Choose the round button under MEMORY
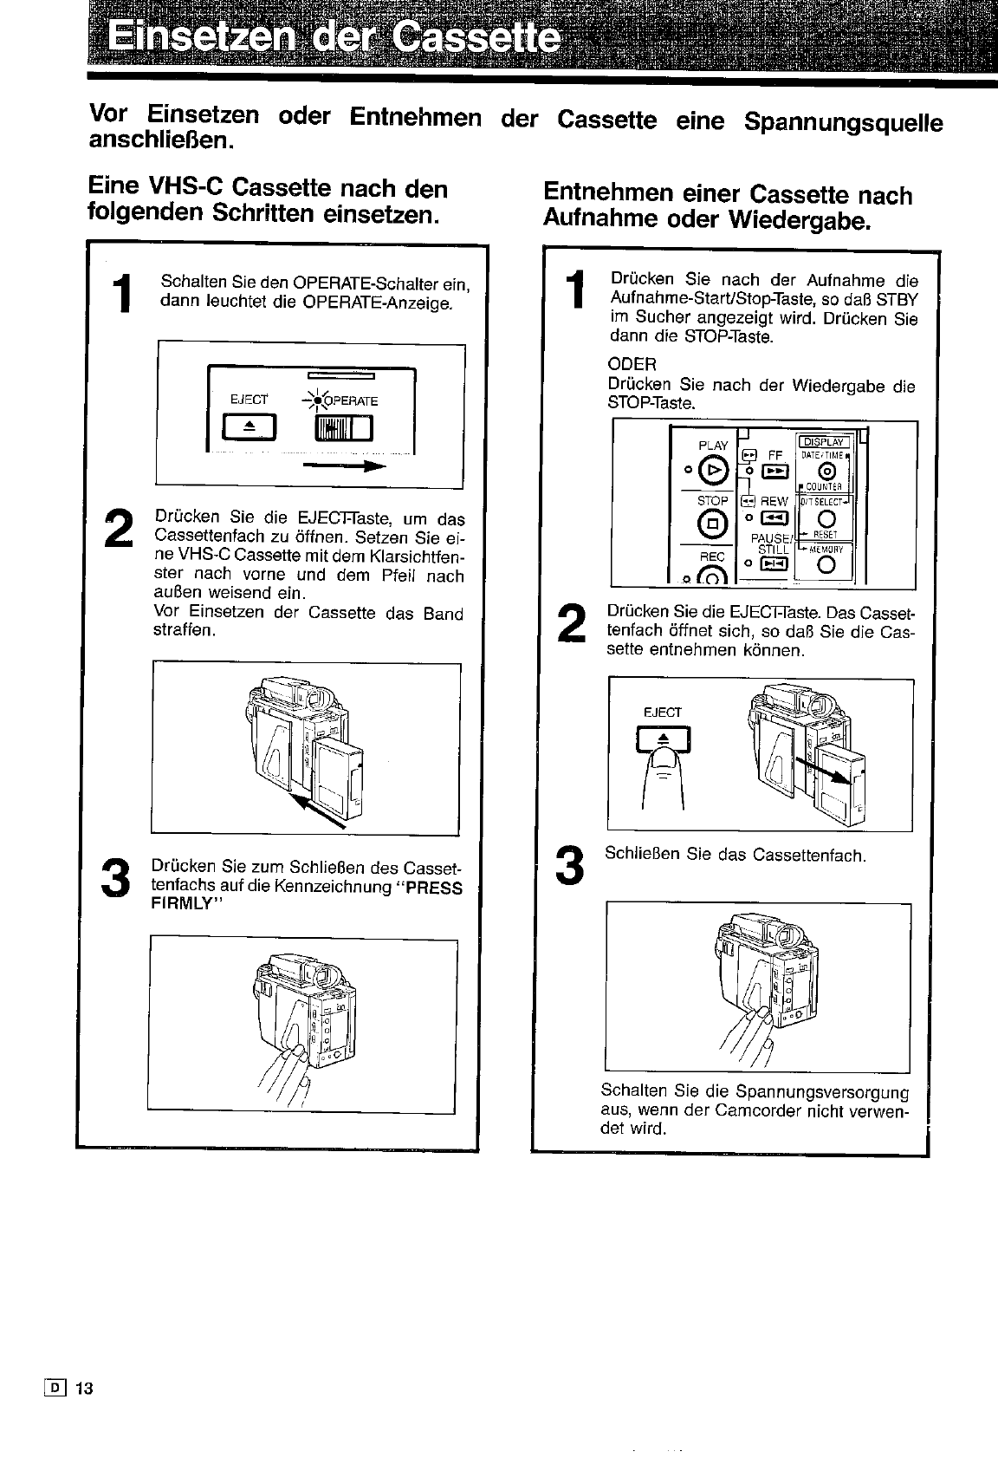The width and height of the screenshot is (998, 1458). coord(825,567)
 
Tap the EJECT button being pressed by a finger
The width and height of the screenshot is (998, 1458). coord(664,739)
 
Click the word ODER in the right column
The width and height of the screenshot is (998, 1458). coord(632,364)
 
